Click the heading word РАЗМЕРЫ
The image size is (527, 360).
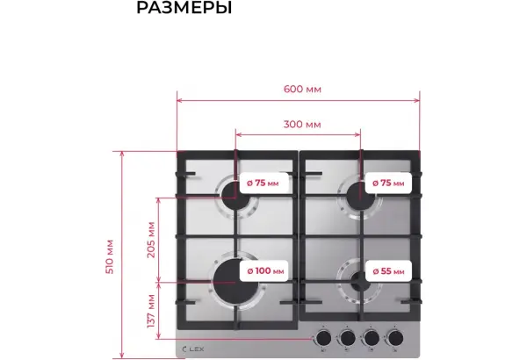coord(184,8)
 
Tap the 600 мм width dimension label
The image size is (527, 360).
coord(302,89)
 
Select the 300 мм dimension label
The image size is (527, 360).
coord(302,125)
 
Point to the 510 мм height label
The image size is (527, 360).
coord(110,256)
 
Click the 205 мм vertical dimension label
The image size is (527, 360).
coord(151,240)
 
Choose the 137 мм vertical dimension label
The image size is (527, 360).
coord(151,311)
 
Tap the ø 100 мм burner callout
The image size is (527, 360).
coord(264,270)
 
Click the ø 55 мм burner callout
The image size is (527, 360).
coord(388,271)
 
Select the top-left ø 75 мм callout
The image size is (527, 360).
coord(263,183)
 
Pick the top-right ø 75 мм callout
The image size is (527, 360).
coord(388,183)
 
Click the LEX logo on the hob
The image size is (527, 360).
coord(193,349)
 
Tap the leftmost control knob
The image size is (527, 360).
coord(323,338)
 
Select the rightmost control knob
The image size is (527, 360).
coord(395,338)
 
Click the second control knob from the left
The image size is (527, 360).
coord(347,338)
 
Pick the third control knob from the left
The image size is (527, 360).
coord(371,338)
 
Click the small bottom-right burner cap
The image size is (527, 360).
coord(360,281)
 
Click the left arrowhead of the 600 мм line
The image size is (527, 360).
coord(179,100)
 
